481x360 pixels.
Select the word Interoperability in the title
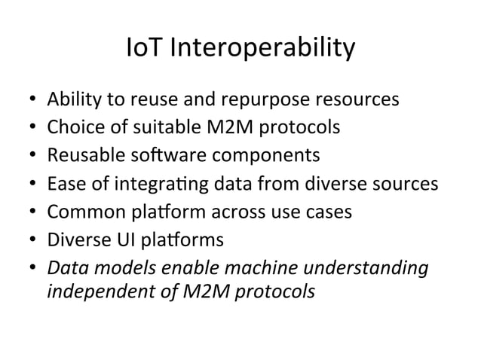pyautogui.click(x=262, y=50)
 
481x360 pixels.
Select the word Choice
pyautogui.click(x=72, y=128)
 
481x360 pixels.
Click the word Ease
pyautogui.click(x=63, y=184)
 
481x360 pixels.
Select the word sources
pyautogui.click(x=408, y=184)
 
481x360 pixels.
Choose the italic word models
pyautogui.click(x=108, y=267)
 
